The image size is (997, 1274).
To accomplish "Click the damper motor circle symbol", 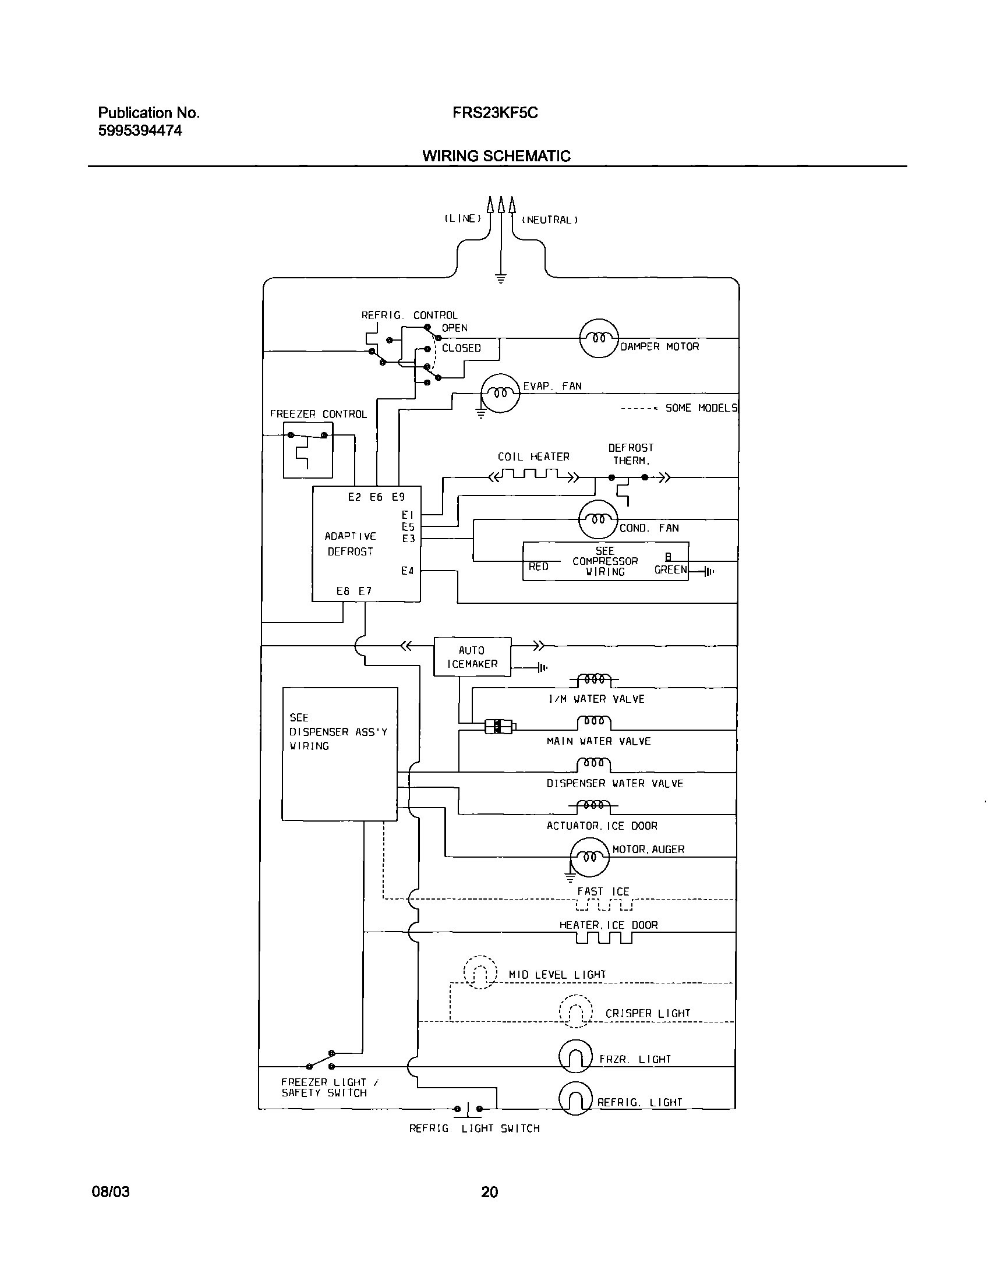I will coord(598,338).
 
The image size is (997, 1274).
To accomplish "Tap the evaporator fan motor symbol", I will coord(500,393).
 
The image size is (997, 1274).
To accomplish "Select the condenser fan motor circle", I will coord(598,519).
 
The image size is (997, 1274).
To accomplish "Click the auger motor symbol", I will coord(589,857).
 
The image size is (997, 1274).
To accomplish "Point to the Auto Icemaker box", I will coord(472,657).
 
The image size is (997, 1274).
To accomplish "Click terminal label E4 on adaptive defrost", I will coord(407,571).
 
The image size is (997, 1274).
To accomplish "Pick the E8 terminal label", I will coord(342,591).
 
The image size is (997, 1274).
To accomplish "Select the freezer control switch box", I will coord(307,450).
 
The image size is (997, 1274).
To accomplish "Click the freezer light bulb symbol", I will coord(575,1056).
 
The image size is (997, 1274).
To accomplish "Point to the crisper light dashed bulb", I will coord(575,1011).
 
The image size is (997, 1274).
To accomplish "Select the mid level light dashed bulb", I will coord(480,972).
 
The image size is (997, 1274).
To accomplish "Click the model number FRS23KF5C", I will coord(494,112).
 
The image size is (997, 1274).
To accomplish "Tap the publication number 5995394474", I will coord(140,131).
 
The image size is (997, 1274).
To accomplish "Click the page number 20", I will coord(489,1192).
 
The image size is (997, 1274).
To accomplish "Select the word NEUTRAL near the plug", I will coord(549,220).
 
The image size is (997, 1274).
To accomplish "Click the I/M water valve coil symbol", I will coord(593,680).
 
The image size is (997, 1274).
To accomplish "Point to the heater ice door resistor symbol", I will coord(603,938).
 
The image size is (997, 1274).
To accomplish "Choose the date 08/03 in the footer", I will coord(110,1192).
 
